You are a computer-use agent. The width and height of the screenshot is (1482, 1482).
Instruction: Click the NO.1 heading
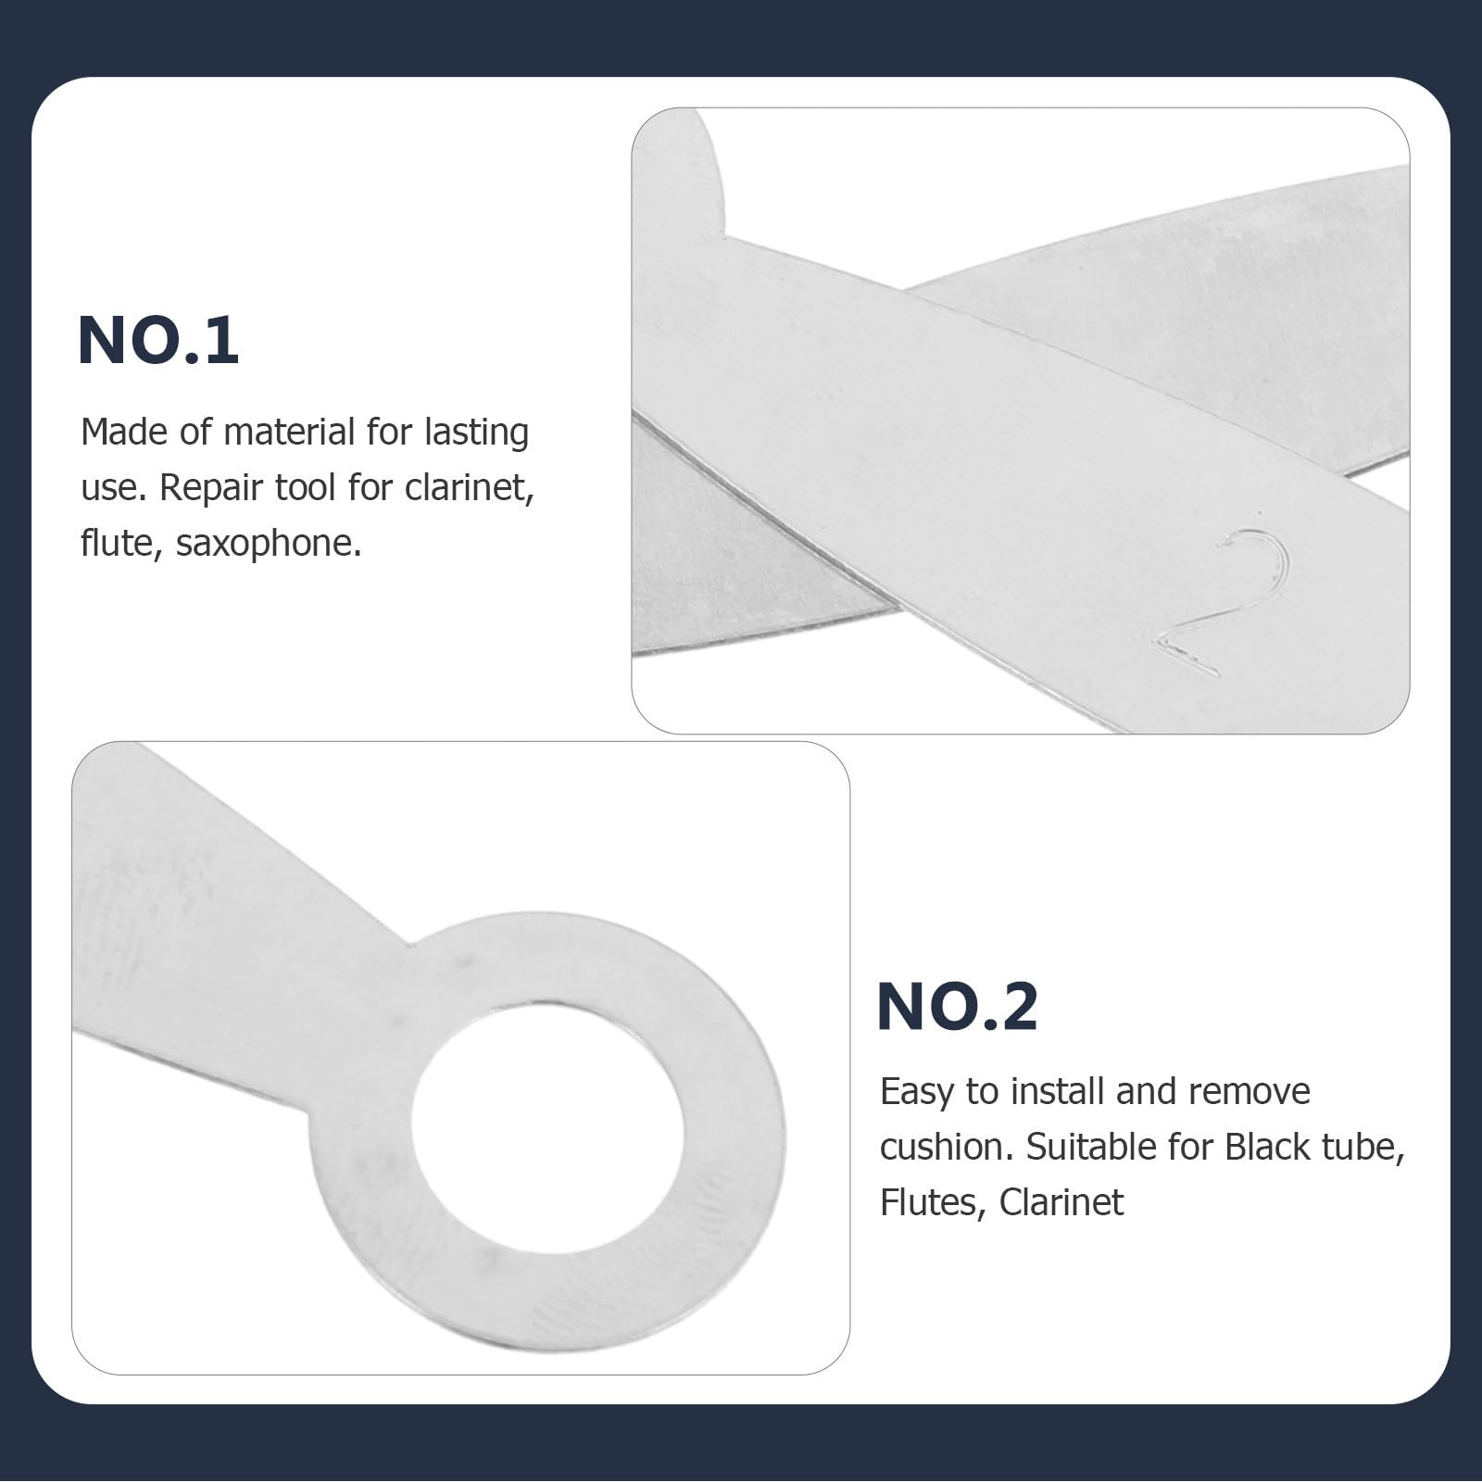158,341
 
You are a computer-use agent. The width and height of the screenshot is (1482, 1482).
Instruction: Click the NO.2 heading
958,1006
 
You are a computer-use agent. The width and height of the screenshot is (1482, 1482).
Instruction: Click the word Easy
917,1092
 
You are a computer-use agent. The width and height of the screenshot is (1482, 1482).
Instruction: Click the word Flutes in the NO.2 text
929,1203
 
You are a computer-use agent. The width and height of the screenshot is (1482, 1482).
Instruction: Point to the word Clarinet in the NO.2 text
1061,1203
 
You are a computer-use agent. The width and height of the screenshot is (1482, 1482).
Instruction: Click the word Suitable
1088,1148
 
